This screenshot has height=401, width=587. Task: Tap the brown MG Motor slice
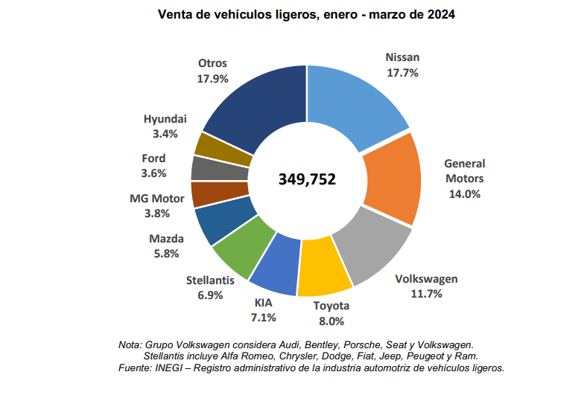[208, 195]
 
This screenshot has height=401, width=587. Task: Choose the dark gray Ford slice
[209, 168]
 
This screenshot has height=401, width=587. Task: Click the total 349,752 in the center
[307, 179]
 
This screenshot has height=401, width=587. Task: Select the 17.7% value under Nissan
[402, 73]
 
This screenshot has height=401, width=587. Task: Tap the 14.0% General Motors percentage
[464, 193]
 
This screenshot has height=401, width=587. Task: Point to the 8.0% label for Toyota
[331, 321]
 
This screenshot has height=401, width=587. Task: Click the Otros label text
[212, 63]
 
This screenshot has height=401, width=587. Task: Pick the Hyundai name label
[165, 119]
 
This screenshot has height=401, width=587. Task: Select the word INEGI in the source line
[169, 368]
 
